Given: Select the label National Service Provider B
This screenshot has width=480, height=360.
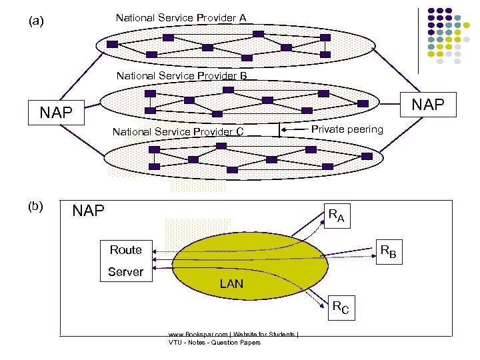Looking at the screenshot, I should tap(181, 76).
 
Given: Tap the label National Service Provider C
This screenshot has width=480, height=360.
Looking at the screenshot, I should tap(177, 131).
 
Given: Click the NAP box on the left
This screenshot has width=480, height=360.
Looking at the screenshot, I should tap(55, 112).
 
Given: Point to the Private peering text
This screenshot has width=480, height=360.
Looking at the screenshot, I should tap(347, 129).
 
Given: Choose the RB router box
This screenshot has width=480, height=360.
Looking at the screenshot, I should tap(387, 252).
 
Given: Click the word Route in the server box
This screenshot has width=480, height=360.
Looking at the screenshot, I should tap(126, 250).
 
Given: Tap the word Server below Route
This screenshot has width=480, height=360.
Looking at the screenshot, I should tap(126, 271).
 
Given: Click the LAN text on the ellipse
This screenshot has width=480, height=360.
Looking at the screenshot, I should tap(231, 284).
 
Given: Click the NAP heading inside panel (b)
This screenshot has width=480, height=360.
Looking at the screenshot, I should tap(88, 211).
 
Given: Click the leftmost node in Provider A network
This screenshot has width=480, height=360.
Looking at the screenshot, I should tap(112, 44).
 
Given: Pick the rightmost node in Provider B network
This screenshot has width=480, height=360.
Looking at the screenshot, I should tap(363, 103).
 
